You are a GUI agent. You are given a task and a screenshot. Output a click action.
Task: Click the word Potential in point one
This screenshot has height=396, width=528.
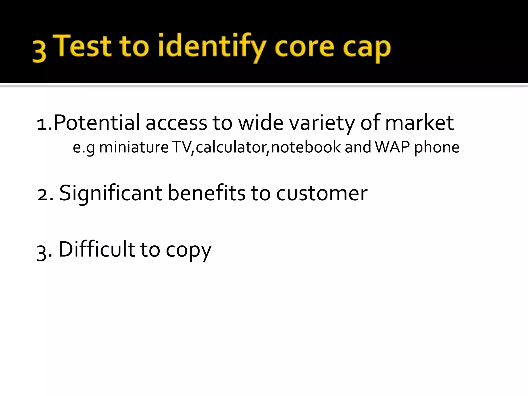click(97, 123)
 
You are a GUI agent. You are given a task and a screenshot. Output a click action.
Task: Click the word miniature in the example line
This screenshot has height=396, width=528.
click(134, 147)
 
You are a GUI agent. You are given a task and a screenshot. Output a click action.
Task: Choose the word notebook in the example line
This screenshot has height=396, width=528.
click(306, 147)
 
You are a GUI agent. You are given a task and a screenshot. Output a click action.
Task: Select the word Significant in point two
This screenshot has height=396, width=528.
click(111, 193)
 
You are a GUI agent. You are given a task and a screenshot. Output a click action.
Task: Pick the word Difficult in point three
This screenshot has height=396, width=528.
click(97, 249)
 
